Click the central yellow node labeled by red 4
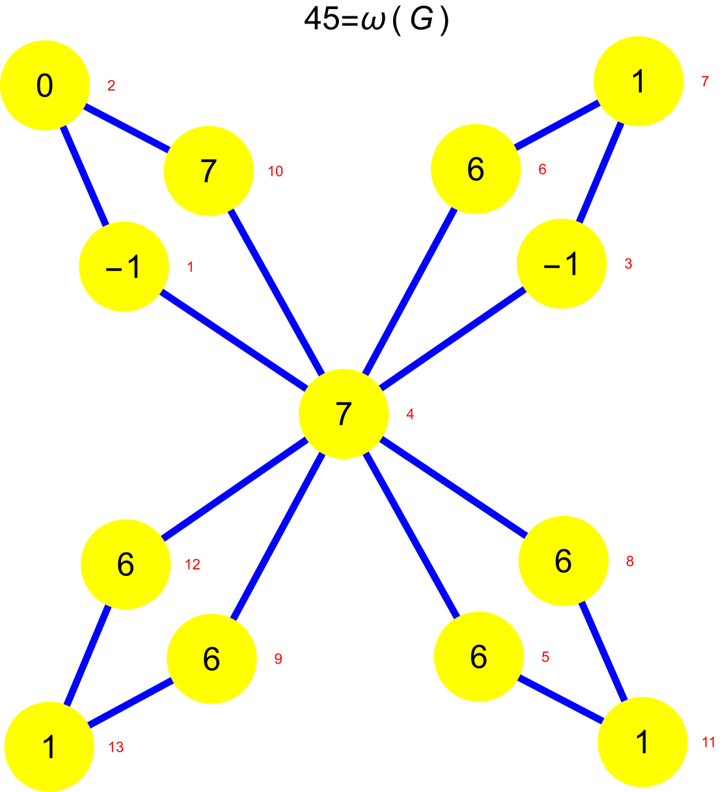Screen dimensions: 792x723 pos(344,414)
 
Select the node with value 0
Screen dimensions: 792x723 pos(45,85)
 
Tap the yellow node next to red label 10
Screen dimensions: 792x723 pos(208,171)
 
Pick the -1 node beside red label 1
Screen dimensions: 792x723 pos(124,267)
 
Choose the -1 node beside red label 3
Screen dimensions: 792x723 pos(562,264)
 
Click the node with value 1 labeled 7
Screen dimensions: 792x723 pos(638,81)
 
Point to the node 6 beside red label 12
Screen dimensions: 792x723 pos(126,564)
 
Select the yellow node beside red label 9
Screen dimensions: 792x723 pos(211,659)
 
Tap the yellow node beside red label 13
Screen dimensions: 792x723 pos(49,746)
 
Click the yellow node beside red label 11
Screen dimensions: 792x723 pos(642,742)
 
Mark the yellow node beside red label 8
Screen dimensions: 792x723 pos(563,561)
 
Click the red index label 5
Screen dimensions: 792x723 pos(545,657)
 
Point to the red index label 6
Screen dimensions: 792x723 pos(542,169)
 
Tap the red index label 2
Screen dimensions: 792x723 pos(111,86)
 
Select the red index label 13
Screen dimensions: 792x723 pos(116,747)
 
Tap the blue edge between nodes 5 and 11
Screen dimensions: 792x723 pos(560,700)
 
